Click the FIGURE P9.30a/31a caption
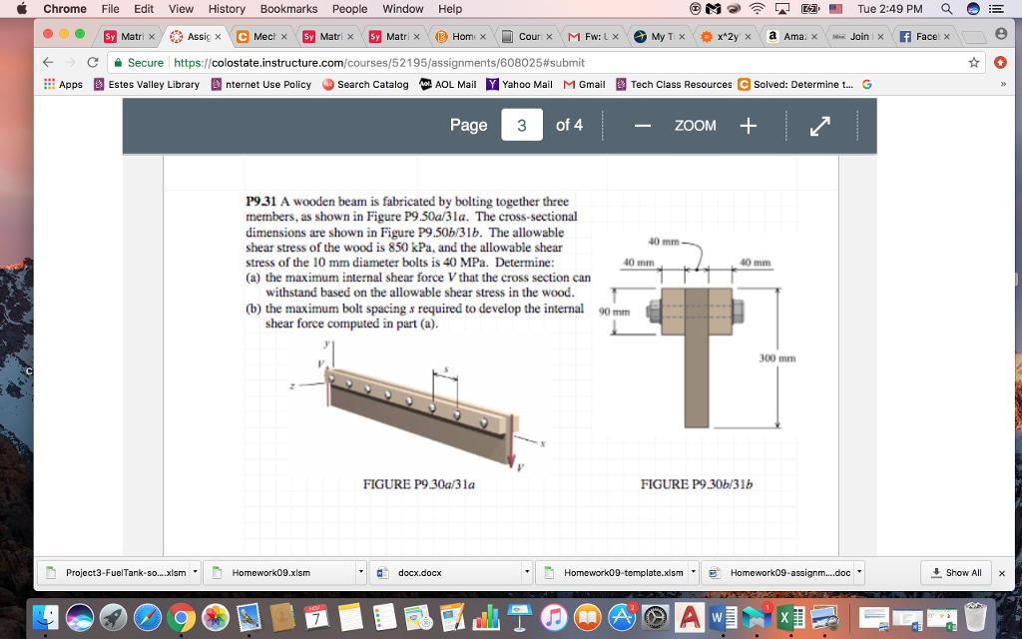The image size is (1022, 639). pos(418,485)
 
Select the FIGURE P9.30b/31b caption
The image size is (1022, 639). pos(697,485)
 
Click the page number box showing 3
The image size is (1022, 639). pos(521,125)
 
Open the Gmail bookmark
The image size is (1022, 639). pos(585,85)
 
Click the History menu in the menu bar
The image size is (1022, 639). pos(227,9)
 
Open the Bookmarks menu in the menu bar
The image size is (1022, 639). pos(288,9)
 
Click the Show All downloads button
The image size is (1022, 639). pos(956,572)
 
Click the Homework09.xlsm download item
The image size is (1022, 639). pos(270,572)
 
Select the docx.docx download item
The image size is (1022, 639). pos(419,572)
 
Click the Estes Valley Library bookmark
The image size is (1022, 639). pos(147,85)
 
